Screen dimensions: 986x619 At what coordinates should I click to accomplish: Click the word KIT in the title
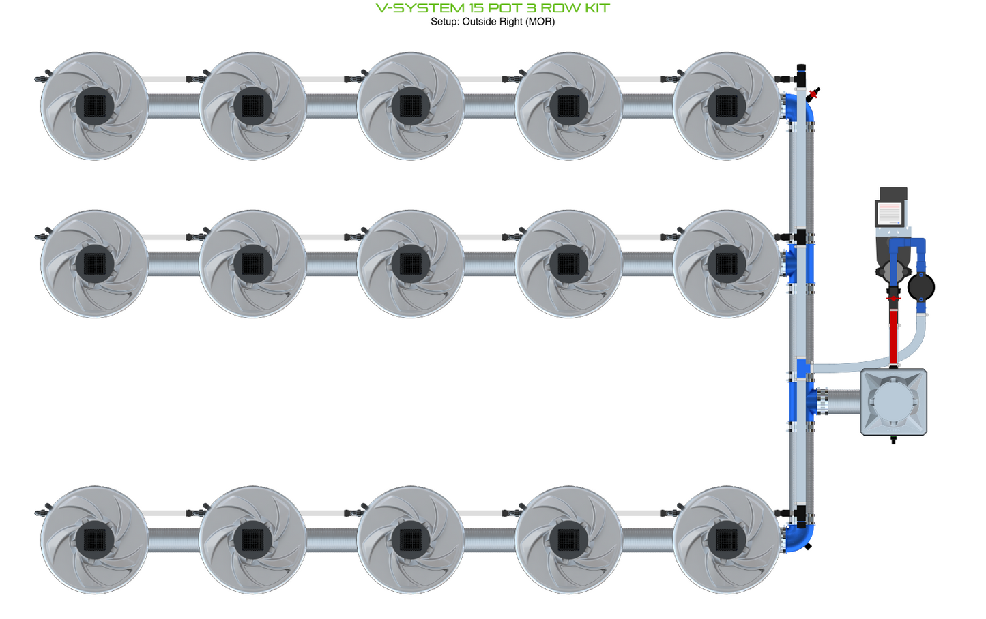(x=597, y=8)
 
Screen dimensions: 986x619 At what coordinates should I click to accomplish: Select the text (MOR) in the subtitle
(x=540, y=22)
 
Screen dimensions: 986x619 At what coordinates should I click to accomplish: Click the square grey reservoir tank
(x=893, y=402)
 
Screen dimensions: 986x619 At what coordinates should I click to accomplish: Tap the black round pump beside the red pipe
(x=921, y=287)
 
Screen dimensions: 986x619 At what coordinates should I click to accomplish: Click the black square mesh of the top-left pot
(x=95, y=106)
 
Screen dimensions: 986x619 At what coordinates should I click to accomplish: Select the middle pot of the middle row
(x=410, y=264)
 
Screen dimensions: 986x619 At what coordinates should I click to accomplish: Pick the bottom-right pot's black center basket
(x=726, y=540)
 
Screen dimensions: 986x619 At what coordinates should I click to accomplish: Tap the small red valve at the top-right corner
(x=814, y=94)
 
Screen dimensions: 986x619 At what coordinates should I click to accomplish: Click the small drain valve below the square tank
(x=893, y=440)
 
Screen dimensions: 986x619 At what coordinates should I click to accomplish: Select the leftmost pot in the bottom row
(x=95, y=540)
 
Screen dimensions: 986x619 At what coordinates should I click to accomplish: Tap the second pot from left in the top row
(x=252, y=106)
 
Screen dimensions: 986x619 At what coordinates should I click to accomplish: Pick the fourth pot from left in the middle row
(x=568, y=264)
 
